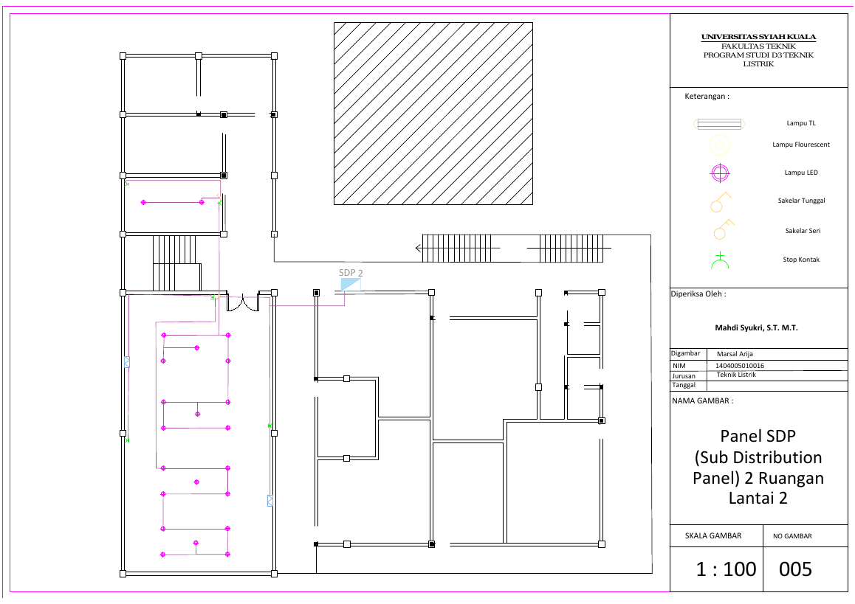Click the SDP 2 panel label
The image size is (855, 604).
click(351, 272)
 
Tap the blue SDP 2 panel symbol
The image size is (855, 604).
click(351, 285)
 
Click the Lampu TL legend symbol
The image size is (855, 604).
click(719, 124)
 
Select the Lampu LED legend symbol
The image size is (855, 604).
click(720, 173)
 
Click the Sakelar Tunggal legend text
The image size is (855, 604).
click(801, 201)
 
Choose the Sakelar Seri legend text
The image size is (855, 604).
click(803, 230)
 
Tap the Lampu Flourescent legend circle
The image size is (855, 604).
click(719, 145)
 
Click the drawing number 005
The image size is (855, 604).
click(795, 569)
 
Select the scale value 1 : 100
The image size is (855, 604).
click(726, 569)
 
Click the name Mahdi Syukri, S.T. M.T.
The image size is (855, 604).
click(756, 328)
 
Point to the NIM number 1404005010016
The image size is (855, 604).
click(739, 366)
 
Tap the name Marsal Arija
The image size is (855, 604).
click(735, 353)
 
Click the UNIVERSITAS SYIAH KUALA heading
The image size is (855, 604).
click(758, 37)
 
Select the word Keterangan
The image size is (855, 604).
click(704, 97)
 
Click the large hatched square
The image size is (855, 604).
click(433, 114)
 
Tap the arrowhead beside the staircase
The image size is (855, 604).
click(419, 249)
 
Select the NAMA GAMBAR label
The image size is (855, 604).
click(702, 401)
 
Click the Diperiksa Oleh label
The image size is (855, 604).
click(698, 294)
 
